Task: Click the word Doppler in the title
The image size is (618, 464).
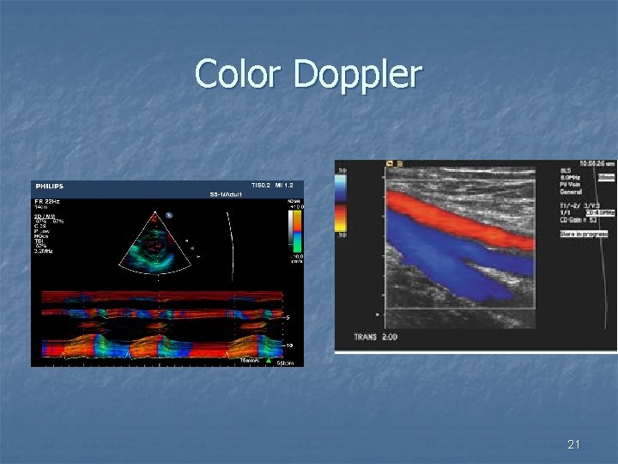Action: (x=356, y=76)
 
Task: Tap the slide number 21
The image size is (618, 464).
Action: (x=574, y=444)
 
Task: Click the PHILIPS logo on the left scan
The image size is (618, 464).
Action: (x=49, y=186)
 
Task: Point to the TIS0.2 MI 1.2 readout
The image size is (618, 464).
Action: (x=276, y=185)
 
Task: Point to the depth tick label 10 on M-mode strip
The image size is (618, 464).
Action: (x=289, y=345)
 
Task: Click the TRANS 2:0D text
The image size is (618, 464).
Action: (x=375, y=337)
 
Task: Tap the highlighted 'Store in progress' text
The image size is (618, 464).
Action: (x=584, y=234)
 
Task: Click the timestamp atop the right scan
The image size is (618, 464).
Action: (x=597, y=162)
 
